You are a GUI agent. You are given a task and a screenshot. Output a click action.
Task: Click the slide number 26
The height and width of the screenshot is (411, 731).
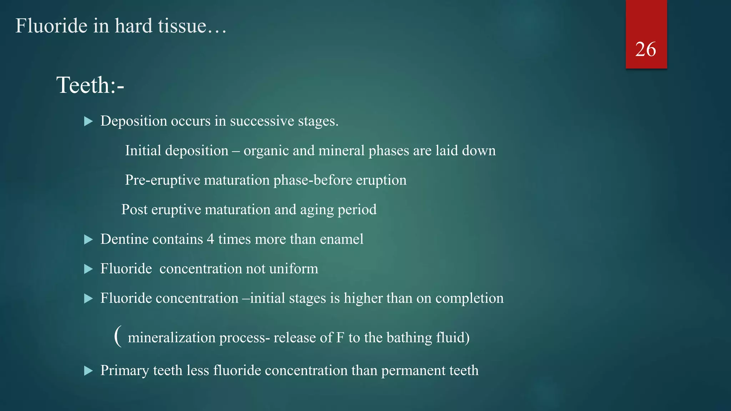pyautogui.click(x=646, y=49)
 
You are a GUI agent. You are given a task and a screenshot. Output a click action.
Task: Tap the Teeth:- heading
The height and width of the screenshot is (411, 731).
pyautogui.click(x=90, y=85)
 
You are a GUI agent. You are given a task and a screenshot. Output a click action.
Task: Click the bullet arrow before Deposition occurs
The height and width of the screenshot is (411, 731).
pyautogui.click(x=88, y=121)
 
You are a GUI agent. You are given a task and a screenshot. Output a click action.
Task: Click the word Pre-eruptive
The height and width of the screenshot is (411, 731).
pyautogui.click(x=162, y=180)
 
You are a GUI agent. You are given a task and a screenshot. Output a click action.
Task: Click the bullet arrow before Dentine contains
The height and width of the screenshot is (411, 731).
pyautogui.click(x=88, y=239)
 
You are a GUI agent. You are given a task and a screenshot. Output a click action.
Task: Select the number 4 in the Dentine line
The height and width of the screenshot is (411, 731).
pyautogui.click(x=211, y=239)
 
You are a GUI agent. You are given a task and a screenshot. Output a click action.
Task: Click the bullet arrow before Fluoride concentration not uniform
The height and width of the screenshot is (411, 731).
pyautogui.click(x=88, y=269)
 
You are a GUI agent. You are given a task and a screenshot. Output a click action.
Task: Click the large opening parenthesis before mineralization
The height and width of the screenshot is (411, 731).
pyautogui.click(x=118, y=336)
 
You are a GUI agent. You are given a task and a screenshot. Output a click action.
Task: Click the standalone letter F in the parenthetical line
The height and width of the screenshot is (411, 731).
pyautogui.click(x=340, y=338)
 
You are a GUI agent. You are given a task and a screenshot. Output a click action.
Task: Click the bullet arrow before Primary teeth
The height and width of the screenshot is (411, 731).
pyautogui.click(x=88, y=371)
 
